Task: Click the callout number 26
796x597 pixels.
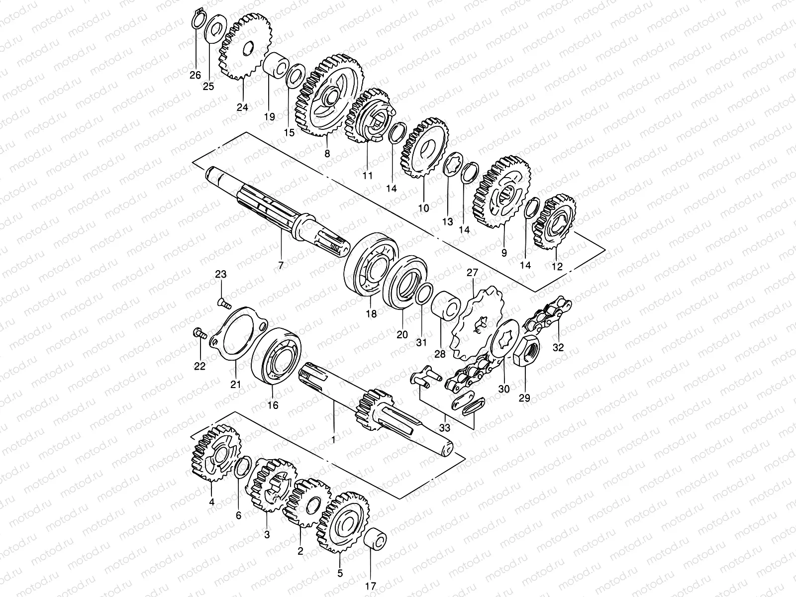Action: pyautogui.click(x=195, y=75)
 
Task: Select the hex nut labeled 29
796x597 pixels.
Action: pyautogui.click(x=529, y=351)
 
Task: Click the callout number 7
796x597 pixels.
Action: pyautogui.click(x=281, y=266)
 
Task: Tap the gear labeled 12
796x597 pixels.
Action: pyautogui.click(x=554, y=222)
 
